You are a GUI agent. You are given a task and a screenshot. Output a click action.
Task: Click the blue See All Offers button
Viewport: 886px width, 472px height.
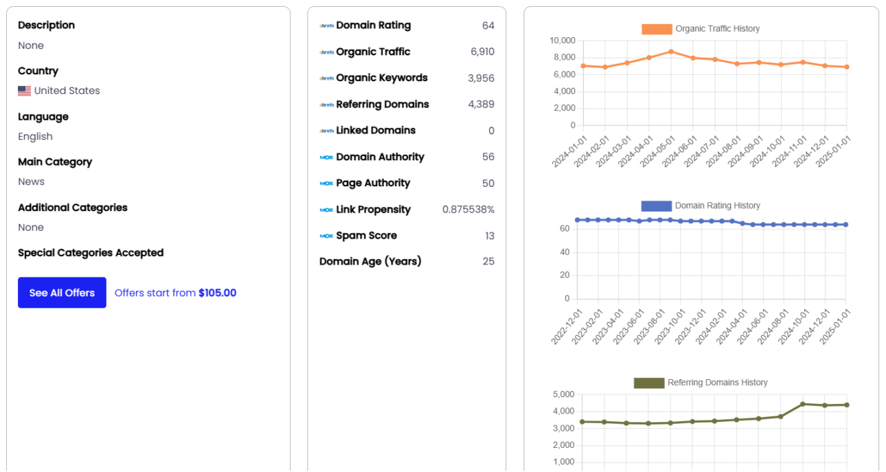(x=62, y=293)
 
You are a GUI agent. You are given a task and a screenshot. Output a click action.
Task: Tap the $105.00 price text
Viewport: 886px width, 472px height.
(x=217, y=293)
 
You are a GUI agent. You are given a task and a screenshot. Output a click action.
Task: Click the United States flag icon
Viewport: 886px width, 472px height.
(x=25, y=91)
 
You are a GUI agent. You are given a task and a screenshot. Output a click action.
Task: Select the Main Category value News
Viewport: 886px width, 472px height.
(x=32, y=182)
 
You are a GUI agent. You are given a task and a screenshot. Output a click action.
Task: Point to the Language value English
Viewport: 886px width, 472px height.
(x=35, y=136)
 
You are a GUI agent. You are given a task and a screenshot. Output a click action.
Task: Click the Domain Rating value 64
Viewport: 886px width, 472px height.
(x=488, y=26)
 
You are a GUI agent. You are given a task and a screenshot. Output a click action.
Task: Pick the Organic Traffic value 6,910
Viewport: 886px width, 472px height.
(x=482, y=52)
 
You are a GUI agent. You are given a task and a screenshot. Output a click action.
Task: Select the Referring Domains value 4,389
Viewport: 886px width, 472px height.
(x=481, y=104)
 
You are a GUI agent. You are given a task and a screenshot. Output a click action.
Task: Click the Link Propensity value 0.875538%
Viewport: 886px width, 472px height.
(x=468, y=210)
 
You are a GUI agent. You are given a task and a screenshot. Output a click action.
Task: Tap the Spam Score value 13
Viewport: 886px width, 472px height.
(x=489, y=236)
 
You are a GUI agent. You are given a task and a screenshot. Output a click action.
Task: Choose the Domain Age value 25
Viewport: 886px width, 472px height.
(x=488, y=262)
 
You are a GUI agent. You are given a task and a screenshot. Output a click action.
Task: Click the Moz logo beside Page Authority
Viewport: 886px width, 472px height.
(x=326, y=183)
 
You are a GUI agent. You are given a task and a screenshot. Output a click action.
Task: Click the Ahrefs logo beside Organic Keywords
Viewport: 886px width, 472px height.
(x=326, y=78)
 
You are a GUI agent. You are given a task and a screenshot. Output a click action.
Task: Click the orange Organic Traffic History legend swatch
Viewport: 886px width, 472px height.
(x=656, y=29)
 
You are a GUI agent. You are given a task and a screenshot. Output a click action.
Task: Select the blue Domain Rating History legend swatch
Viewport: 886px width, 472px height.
(x=655, y=205)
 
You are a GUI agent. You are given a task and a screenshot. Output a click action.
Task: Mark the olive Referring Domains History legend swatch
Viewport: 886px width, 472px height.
(x=648, y=383)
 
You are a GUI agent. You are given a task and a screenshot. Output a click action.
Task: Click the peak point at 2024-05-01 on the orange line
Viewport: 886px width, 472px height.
(x=671, y=52)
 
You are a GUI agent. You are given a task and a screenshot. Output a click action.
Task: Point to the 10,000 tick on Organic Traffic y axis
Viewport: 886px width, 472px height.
(x=562, y=41)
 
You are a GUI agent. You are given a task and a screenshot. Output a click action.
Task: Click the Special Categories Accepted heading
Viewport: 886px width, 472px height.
(x=91, y=253)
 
